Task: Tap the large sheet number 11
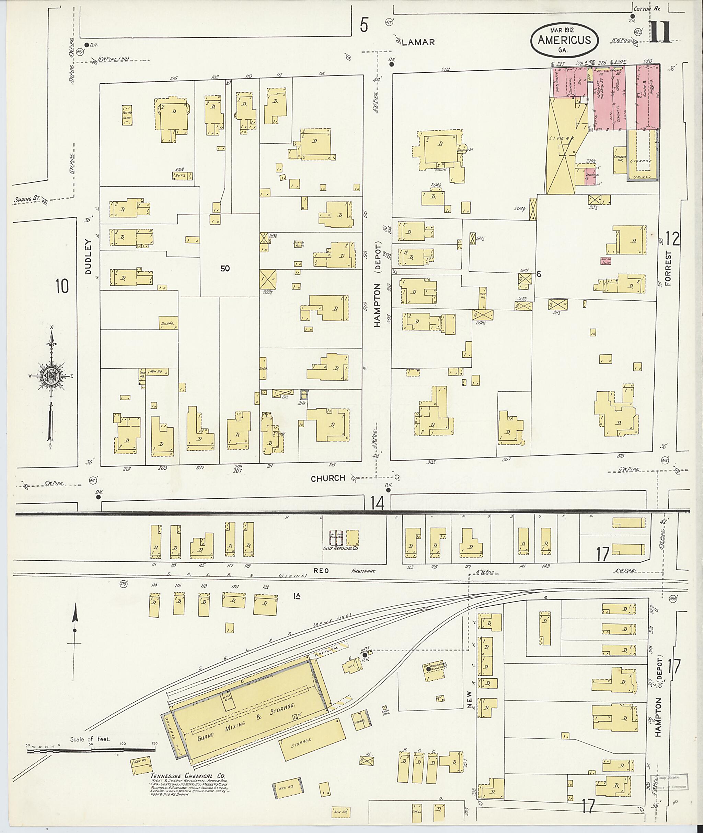tap(660, 32)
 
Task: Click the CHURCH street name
tap(328, 478)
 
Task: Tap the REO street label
tap(321, 571)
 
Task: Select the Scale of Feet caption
tap(90, 739)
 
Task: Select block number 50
tap(225, 269)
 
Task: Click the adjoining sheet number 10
tap(62, 286)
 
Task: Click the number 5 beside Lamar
tap(364, 25)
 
